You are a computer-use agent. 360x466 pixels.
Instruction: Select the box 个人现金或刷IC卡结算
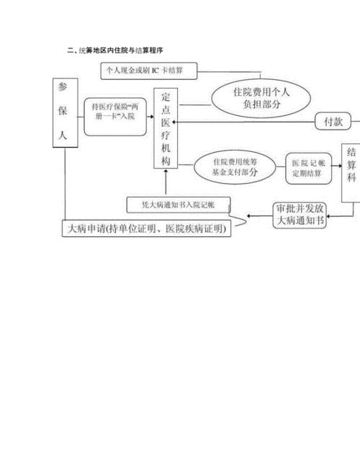click(149, 71)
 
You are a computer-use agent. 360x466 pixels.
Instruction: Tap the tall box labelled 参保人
click(66, 112)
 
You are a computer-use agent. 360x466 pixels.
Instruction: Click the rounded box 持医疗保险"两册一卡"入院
click(115, 117)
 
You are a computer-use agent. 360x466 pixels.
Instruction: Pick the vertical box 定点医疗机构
click(166, 128)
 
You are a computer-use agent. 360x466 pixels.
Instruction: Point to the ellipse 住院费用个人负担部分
click(261, 98)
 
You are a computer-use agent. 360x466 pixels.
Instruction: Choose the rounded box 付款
click(333, 121)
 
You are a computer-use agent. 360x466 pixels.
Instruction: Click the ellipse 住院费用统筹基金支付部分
click(235, 167)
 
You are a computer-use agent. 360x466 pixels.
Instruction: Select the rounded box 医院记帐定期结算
click(308, 169)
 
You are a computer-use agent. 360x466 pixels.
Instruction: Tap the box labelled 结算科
click(351, 173)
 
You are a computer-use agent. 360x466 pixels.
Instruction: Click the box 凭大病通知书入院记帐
click(179, 205)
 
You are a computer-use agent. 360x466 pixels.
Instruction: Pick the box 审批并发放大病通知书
click(300, 215)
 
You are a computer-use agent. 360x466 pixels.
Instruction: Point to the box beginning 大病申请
click(146, 228)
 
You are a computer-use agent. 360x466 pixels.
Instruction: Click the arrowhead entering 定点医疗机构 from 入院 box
click(151, 117)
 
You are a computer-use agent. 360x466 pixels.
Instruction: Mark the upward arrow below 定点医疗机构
click(166, 182)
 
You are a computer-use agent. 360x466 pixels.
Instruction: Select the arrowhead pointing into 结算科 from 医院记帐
click(340, 166)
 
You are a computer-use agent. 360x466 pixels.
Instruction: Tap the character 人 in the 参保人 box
click(63, 135)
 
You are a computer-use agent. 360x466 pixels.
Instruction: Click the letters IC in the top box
click(156, 71)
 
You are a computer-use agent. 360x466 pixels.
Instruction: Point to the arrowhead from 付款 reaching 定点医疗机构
click(174, 122)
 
